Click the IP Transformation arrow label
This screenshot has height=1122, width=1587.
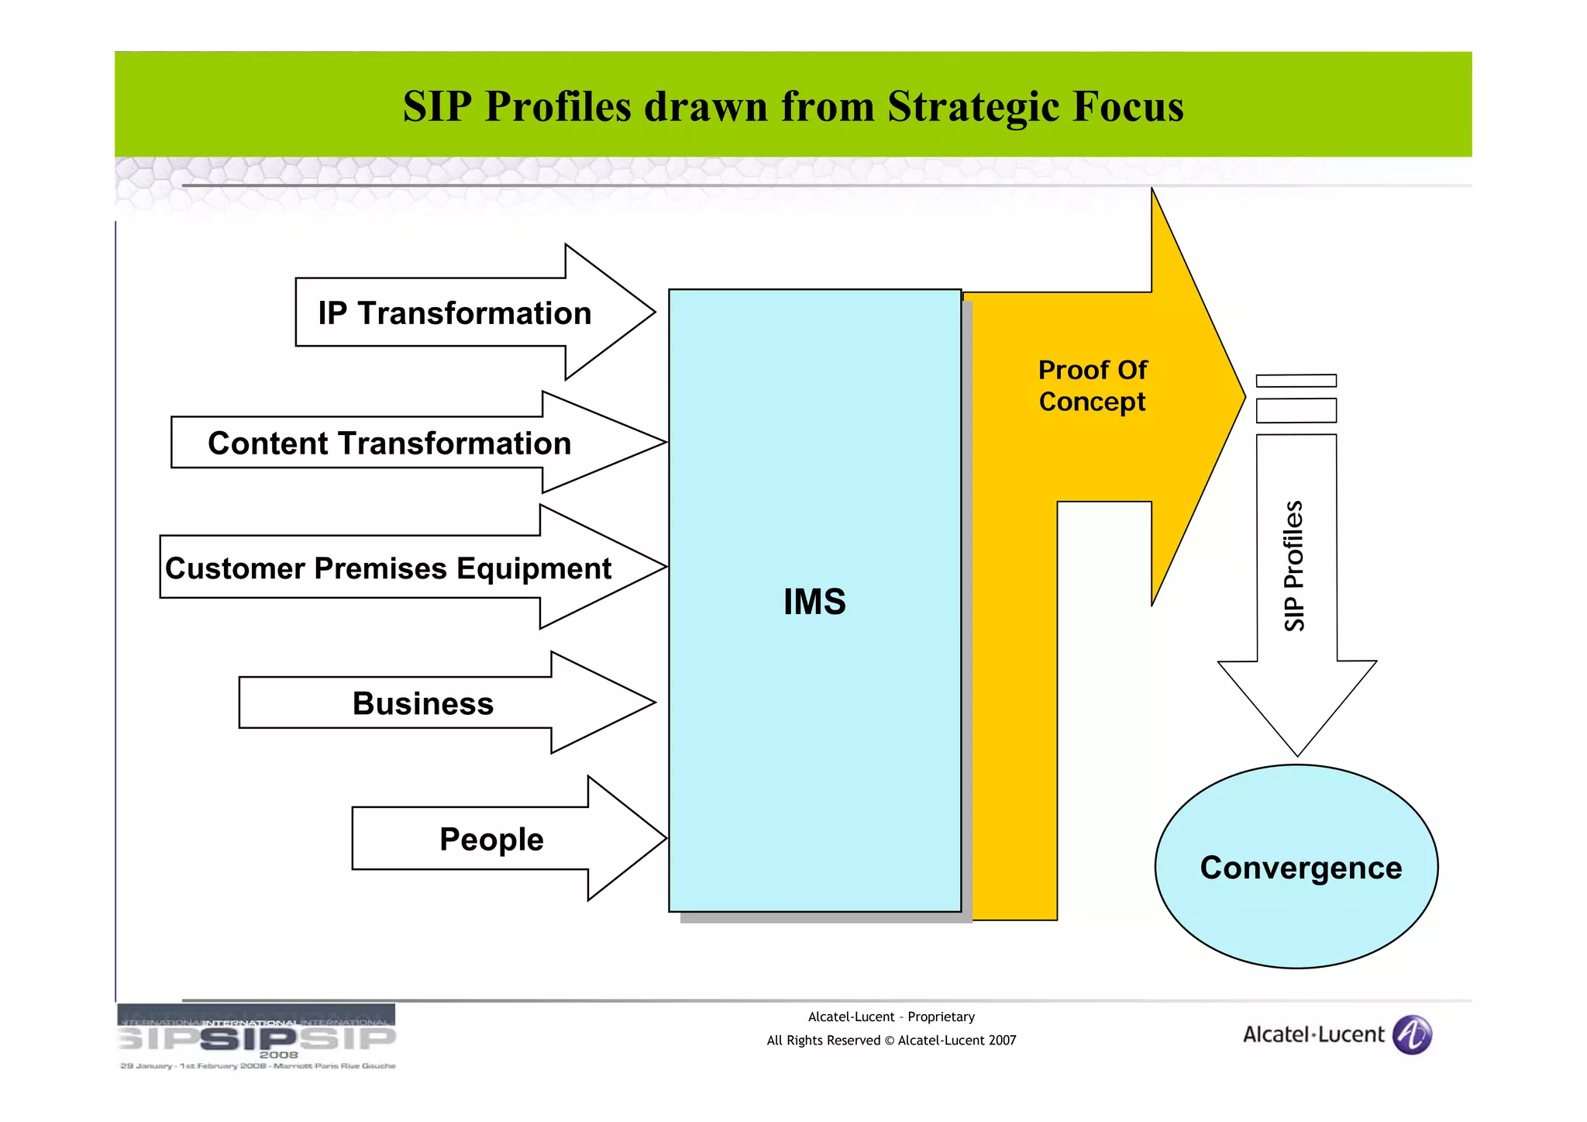click(455, 313)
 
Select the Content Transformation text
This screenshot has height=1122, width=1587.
click(389, 444)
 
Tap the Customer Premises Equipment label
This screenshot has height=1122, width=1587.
click(388, 568)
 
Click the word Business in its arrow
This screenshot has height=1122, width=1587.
click(422, 703)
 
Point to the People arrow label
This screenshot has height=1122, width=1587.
click(491, 839)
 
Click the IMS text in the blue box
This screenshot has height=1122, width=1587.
click(814, 602)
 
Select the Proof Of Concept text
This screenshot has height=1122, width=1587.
click(1092, 385)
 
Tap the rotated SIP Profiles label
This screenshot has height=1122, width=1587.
click(1294, 566)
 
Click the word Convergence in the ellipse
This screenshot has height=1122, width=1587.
click(1300, 868)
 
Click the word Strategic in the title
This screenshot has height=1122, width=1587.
click(974, 106)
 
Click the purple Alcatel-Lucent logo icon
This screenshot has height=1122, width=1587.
click(1412, 1034)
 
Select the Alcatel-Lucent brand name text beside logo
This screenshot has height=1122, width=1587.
click(1313, 1034)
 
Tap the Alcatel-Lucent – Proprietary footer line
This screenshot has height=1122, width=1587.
click(891, 1017)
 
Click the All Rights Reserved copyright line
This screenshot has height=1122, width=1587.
click(891, 1041)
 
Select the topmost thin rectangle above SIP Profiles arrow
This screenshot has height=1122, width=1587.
click(1296, 381)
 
